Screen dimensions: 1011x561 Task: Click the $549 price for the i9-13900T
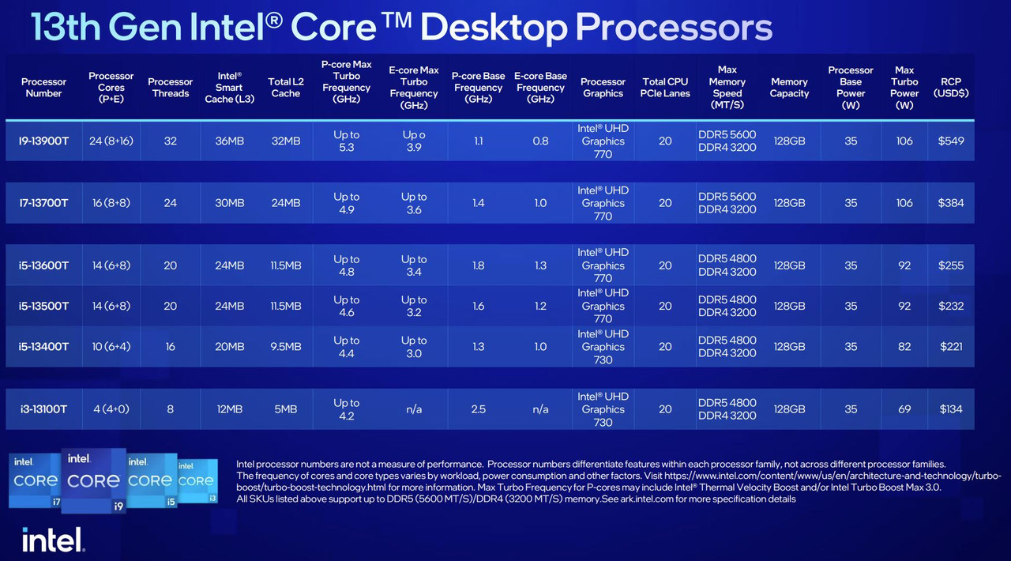pyautogui.click(x=950, y=141)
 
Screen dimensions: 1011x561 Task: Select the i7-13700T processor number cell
pyautogui.click(x=43, y=203)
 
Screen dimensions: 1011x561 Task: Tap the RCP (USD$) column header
pyautogui.click(x=950, y=87)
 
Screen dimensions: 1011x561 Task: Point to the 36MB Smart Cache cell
pyautogui.click(x=229, y=141)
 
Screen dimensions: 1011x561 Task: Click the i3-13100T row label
pyautogui.click(x=43, y=409)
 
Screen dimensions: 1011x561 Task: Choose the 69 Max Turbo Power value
pyautogui.click(x=904, y=409)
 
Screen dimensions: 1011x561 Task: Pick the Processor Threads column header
pyautogui.click(x=170, y=87)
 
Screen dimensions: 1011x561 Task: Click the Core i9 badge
pyautogui.click(x=93, y=480)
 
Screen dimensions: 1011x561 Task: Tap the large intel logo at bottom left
pyautogui.click(x=53, y=540)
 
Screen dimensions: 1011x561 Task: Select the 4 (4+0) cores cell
pyautogui.click(x=111, y=409)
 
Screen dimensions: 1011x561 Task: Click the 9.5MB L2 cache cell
pyautogui.click(x=286, y=347)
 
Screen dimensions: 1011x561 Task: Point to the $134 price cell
pyautogui.click(x=950, y=409)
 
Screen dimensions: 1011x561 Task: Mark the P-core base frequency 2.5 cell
pyautogui.click(x=478, y=409)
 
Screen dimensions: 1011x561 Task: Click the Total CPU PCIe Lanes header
pyautogui.click(x=665, y=87)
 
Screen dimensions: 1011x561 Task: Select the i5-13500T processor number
pyautogui.click(x=43, y=307)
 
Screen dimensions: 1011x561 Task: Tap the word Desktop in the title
pyautogui.click(x=494, y=28)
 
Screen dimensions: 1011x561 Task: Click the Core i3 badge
pyautogui.click(x=197, y=481)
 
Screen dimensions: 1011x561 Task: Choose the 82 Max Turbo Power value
pyautogui.click(x=904, y=347)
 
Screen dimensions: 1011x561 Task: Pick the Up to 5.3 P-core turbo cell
pyautogui.click(x=346, y=141)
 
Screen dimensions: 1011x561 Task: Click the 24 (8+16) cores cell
pyautogui.click(x=111, y=141)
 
